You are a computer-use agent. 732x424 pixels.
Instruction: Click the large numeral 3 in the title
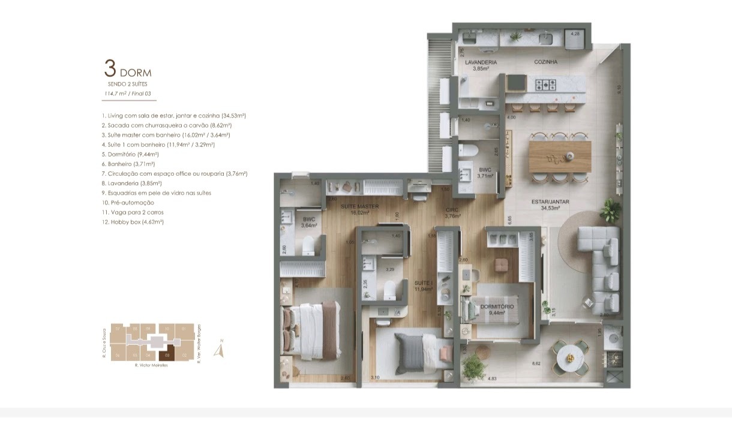coord(110,68)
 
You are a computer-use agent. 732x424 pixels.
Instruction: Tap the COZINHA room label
coord(546,62)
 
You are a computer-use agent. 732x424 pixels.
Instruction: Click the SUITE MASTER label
coord(359,206)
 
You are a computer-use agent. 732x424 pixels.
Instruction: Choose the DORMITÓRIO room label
coord(497,306)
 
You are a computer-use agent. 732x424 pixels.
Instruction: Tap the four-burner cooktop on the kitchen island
coord(547,85)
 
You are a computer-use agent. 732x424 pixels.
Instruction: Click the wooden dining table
coord(559,157)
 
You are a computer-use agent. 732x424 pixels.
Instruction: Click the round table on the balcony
coord(568,358)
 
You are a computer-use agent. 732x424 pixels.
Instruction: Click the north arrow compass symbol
coord(220,350)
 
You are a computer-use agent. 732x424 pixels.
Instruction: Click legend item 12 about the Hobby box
coord(133,222)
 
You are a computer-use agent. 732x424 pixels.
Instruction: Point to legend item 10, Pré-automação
coord(128,203)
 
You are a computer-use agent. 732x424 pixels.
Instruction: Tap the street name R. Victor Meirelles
coord(151,365)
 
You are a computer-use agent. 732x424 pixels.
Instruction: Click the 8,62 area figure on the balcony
coord(536,363)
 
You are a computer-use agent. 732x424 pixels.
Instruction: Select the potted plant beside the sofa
coord(611,210)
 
